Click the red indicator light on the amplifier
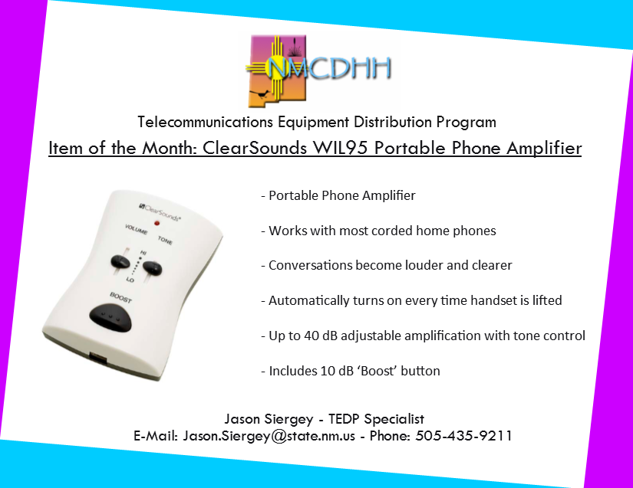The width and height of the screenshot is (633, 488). [157, 223]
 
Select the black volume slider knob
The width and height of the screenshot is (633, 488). [120, 261]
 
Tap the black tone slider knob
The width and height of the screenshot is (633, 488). [152, 268]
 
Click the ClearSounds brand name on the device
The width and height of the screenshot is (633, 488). [160, 212]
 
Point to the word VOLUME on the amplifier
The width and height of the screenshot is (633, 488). [136, 229]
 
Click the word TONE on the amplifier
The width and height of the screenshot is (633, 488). [165, 241]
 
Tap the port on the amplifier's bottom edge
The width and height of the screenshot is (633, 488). [98, 358]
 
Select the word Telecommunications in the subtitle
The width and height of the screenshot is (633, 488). [205, 122]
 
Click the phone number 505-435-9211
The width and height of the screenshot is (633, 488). [463, 436]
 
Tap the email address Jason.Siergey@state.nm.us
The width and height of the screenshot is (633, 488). [269, 436]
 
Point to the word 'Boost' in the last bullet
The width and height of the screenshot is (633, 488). [377, 371]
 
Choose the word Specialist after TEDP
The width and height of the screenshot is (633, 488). [394, 419]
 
